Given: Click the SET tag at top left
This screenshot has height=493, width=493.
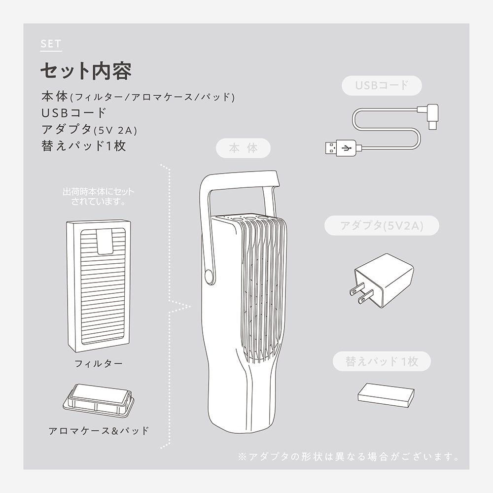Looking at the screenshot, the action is point(51,44).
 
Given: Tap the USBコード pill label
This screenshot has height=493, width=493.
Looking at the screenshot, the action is point(382,85).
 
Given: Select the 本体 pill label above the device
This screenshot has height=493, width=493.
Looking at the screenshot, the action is point(244,148).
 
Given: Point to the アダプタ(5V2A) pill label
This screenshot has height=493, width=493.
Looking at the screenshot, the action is point(382,226).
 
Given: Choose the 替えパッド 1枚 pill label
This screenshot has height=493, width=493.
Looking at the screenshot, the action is point(382,361).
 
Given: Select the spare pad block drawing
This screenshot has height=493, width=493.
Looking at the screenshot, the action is point(386,394).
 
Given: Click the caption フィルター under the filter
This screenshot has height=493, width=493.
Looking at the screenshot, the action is point(99,364).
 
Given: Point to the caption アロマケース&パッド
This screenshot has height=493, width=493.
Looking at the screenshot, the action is point(99,430).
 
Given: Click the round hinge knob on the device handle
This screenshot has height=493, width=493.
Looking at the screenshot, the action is point(209,276).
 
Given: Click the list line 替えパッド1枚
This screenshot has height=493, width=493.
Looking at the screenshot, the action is point(84,146).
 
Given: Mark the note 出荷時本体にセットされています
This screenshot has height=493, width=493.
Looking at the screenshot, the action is point(98,196).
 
